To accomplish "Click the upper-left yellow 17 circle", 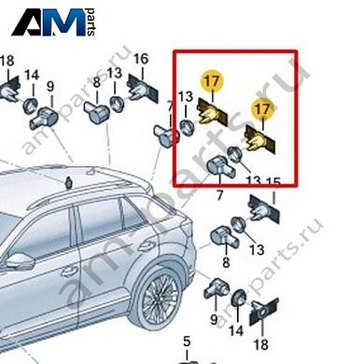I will [x=214, y=82].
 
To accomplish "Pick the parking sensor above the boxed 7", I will [x=220, y=168].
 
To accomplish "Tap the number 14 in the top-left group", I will [x=32, y=75].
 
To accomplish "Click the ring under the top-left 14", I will [x=31, y=102].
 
